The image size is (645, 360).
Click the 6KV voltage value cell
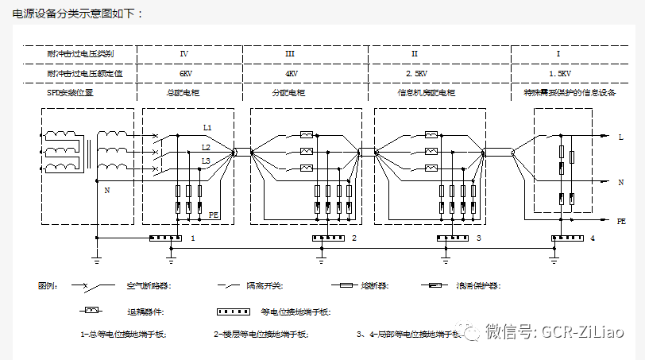pyautogui.click(x=185, y=74)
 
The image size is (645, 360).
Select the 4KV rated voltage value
pyautogui.click(x=292, y=74)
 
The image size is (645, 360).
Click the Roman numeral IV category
pyautogui.click(x=184, y=54)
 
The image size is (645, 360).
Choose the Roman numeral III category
pyautogui.click(x=290, y=54)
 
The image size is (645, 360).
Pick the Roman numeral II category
pyautogui.click(x=415, y=54)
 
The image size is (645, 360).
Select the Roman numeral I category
pyautogui.click(x=558, y=54)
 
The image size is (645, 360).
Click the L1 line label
pyautogui.click(x=207, y=128)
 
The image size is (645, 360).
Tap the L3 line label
pyautogui.click(x=206, y=161)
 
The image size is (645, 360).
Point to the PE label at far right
pyautogui.click(x=621, y=223)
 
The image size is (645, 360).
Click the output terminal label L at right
pyautogui.click(x=620, y=137)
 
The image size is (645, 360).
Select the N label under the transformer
pyautogui.click(x=107, y=191)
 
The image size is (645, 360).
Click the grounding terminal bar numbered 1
pyautogui.click(x=166, y=238)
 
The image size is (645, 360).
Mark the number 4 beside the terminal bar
pyautogui.click(x=593, y=238)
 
